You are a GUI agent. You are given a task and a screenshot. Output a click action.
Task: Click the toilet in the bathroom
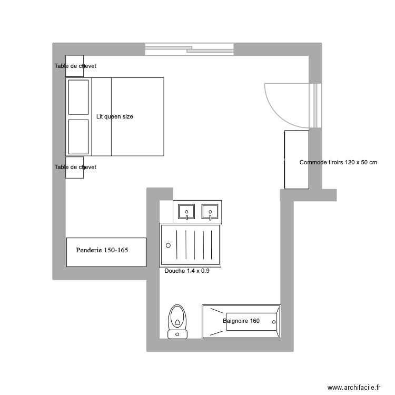(177, 318)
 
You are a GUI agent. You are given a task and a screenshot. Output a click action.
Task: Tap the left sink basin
(186, 212)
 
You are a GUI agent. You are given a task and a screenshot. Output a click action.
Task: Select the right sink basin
(210, 212)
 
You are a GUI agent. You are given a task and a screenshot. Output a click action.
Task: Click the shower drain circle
(169, 245)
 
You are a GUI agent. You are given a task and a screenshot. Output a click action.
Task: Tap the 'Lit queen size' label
(115, 116)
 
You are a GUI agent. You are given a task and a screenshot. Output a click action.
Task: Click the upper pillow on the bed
(78, 97)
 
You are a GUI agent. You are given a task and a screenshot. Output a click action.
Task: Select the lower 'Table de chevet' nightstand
(75, 167)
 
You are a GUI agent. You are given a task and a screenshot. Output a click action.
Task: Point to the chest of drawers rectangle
(296, 160)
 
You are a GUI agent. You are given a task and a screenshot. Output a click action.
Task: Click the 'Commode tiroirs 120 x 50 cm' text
(338, 162)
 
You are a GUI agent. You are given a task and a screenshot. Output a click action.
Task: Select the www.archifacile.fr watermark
(353, 387)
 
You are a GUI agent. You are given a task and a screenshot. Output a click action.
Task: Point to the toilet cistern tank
(177, 333)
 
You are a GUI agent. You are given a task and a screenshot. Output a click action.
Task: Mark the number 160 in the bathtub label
(255, 321)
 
